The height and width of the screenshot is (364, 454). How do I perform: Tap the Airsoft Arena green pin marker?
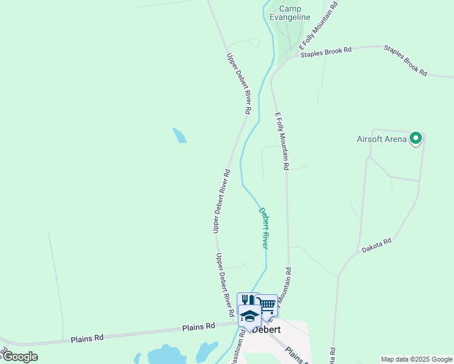[416, 139]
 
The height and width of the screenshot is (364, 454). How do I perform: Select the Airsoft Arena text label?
[381, 138]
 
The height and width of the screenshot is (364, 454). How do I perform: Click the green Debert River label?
[265, 228]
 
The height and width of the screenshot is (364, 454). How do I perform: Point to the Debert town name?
[266, 329]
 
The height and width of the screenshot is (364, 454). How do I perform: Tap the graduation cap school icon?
[249, 315]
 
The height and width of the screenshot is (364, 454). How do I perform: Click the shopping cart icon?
[267, 303]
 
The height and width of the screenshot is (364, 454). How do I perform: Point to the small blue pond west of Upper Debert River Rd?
[179, 135]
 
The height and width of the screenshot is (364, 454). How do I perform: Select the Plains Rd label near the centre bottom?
[198, 327]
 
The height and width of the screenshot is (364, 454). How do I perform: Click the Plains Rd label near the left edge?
[87, 337]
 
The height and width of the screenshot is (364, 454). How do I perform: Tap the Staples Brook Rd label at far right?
[405, 61]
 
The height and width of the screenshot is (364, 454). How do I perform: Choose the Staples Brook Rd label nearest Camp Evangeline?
[326, 53]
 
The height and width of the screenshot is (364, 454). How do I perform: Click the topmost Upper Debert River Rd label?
[239, 84]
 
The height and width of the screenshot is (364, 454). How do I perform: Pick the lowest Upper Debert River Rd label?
[225, 286]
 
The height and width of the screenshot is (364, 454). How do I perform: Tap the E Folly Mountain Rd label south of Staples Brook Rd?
[282, 141]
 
